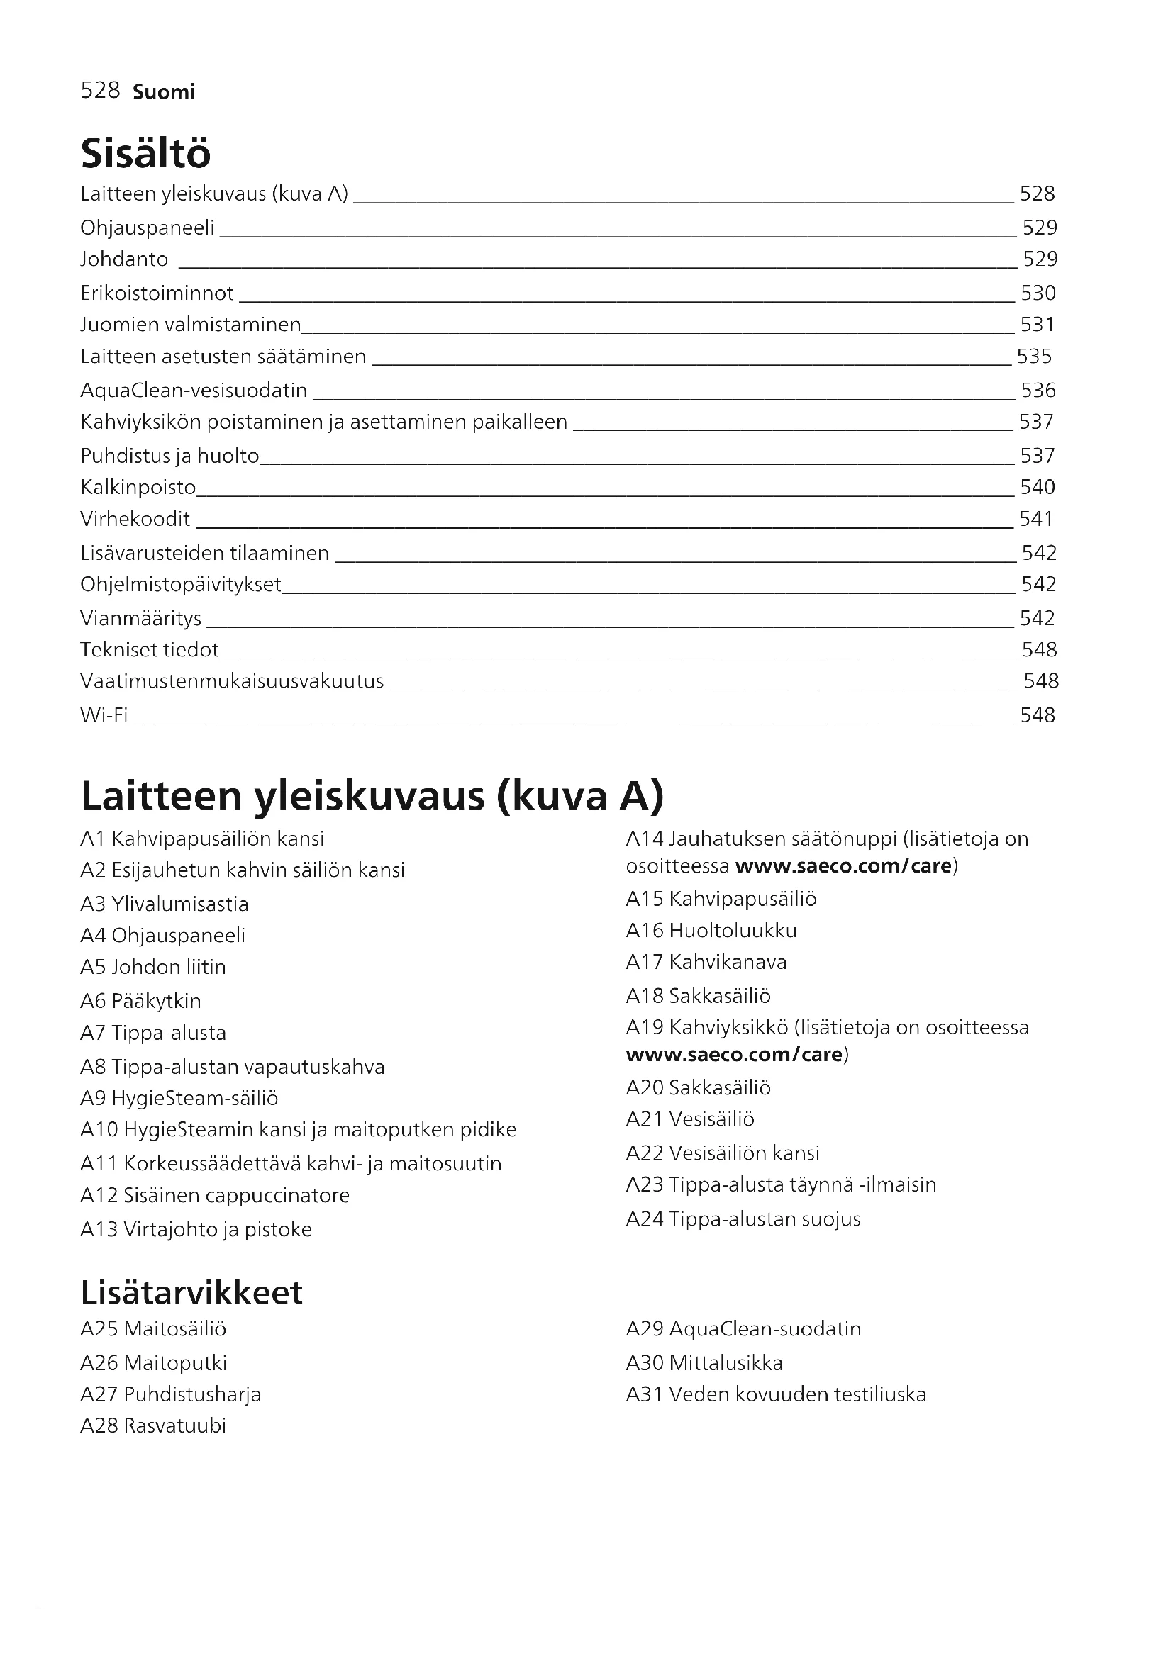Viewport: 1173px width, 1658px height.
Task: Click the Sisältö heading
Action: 146,153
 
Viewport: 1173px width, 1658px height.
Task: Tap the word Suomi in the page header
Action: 164,92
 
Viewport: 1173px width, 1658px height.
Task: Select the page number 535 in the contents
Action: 1033,357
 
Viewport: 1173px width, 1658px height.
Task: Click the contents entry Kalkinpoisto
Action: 138,488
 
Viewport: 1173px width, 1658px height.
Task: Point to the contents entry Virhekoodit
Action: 135,519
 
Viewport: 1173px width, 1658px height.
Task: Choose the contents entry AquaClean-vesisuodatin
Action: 194,391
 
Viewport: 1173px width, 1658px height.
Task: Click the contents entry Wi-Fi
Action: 104,715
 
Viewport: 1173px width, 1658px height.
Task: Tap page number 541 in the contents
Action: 1037,519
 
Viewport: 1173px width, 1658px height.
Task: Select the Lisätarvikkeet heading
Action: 191,1293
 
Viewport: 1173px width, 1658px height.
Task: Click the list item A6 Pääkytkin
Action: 141,1001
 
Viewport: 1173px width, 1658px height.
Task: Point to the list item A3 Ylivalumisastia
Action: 165,904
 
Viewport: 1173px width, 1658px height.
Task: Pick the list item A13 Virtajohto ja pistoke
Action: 196,1229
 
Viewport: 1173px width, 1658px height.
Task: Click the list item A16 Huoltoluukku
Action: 711,930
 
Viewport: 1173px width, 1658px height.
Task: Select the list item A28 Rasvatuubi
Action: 153,1425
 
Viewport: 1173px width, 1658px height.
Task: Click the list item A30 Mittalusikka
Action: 704,1362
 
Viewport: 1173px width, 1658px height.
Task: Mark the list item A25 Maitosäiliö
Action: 153,1328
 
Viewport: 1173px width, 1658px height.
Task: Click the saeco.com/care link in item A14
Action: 843,865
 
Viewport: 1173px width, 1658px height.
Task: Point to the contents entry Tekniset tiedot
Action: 150,650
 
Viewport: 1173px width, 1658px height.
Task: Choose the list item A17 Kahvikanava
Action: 706,962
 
